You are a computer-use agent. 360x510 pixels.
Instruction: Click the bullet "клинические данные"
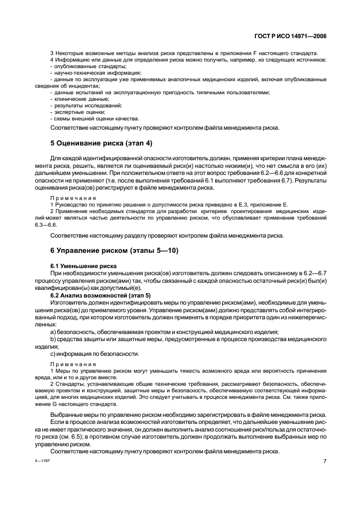(75, 99)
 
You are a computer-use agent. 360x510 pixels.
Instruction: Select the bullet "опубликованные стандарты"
(80, 66)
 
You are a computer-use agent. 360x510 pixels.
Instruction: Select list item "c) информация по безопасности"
(90, 353)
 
